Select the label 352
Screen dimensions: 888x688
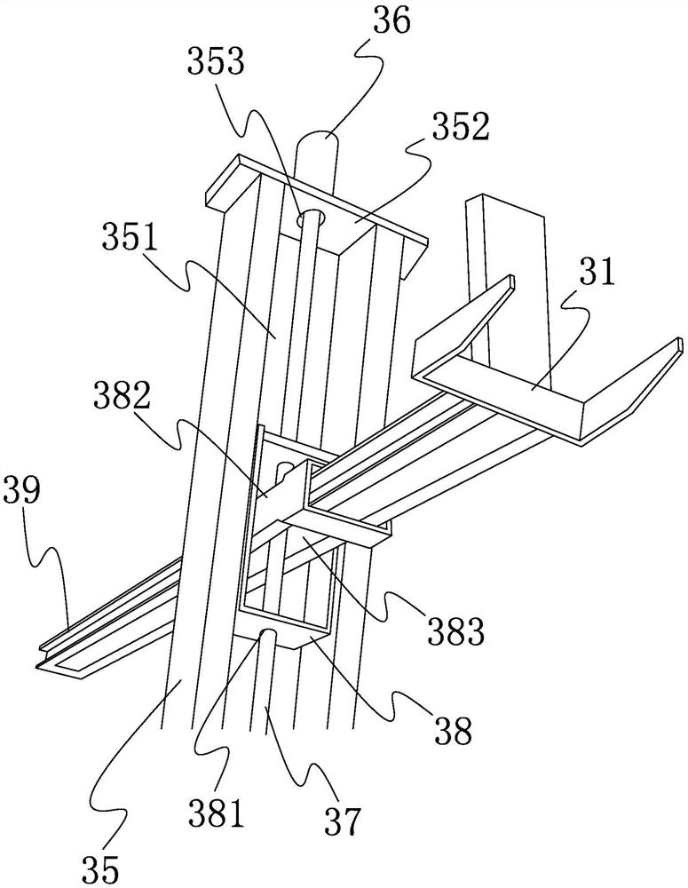(460, 128)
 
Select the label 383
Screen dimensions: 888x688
(458, 631)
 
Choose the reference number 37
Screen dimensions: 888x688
(344, 821)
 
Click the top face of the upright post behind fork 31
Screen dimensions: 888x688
(503, 202)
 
